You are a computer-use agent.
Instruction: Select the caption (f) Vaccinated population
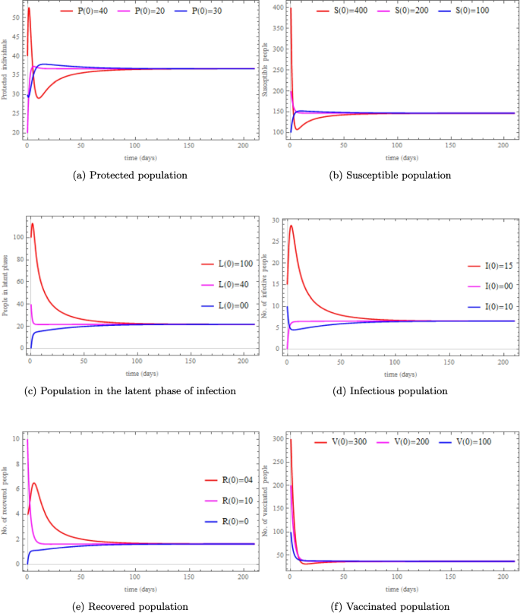(386, 605)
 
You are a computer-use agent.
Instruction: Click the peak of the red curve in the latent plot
(32, 223)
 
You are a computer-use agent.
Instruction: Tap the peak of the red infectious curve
(291, 226)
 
